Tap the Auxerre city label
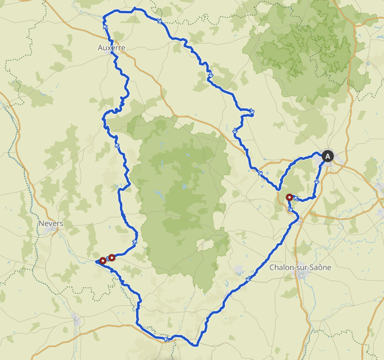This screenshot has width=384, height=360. pos(111,48)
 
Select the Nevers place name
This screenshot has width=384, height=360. pos(51,223)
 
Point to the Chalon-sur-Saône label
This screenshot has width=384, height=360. pos(301,267)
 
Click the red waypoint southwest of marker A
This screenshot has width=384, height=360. pos(289,197)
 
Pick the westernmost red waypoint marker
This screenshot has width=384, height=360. pos(102,260)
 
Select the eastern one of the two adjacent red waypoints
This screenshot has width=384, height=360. pos(111,257)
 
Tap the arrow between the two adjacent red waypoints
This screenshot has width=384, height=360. pos(107,259)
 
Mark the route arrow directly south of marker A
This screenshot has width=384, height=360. pos(317,181)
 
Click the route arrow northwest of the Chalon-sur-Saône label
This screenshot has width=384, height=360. pos(248,279)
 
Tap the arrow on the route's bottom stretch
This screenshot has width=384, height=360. pos(165,339)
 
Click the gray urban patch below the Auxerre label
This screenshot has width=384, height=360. pos(111,54)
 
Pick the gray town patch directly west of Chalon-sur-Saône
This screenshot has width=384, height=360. pos(239,269)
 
